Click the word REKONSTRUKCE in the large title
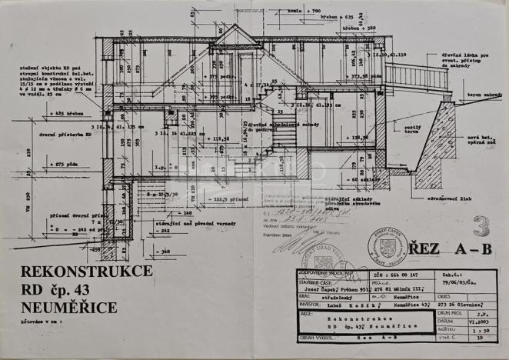pos(87,272)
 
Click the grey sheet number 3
pos(482,225)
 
